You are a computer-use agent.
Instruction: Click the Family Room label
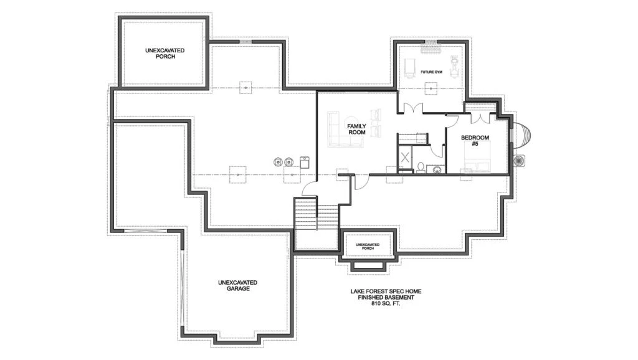tap(356, 130)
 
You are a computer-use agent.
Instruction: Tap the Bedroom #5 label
tap(475, 141)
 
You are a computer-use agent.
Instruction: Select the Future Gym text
tap(431, 72)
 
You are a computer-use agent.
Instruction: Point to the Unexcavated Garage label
tap(237, 285)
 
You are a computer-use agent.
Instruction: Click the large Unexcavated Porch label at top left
tap(164, 54)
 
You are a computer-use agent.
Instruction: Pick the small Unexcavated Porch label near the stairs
tap(368, 247)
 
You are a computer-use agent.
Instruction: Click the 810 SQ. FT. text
tap(386, 303)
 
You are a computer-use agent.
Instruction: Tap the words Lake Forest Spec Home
tap(386, 291)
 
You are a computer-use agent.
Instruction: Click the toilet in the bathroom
tap(421, 168)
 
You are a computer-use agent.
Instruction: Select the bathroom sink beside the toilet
tap(436, 169)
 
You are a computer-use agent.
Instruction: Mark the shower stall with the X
tap(405, 158)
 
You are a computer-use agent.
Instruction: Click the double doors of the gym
tap(411, 108)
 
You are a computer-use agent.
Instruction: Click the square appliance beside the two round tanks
tap(305, 163)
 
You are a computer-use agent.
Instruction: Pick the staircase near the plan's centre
tap(316, 222)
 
